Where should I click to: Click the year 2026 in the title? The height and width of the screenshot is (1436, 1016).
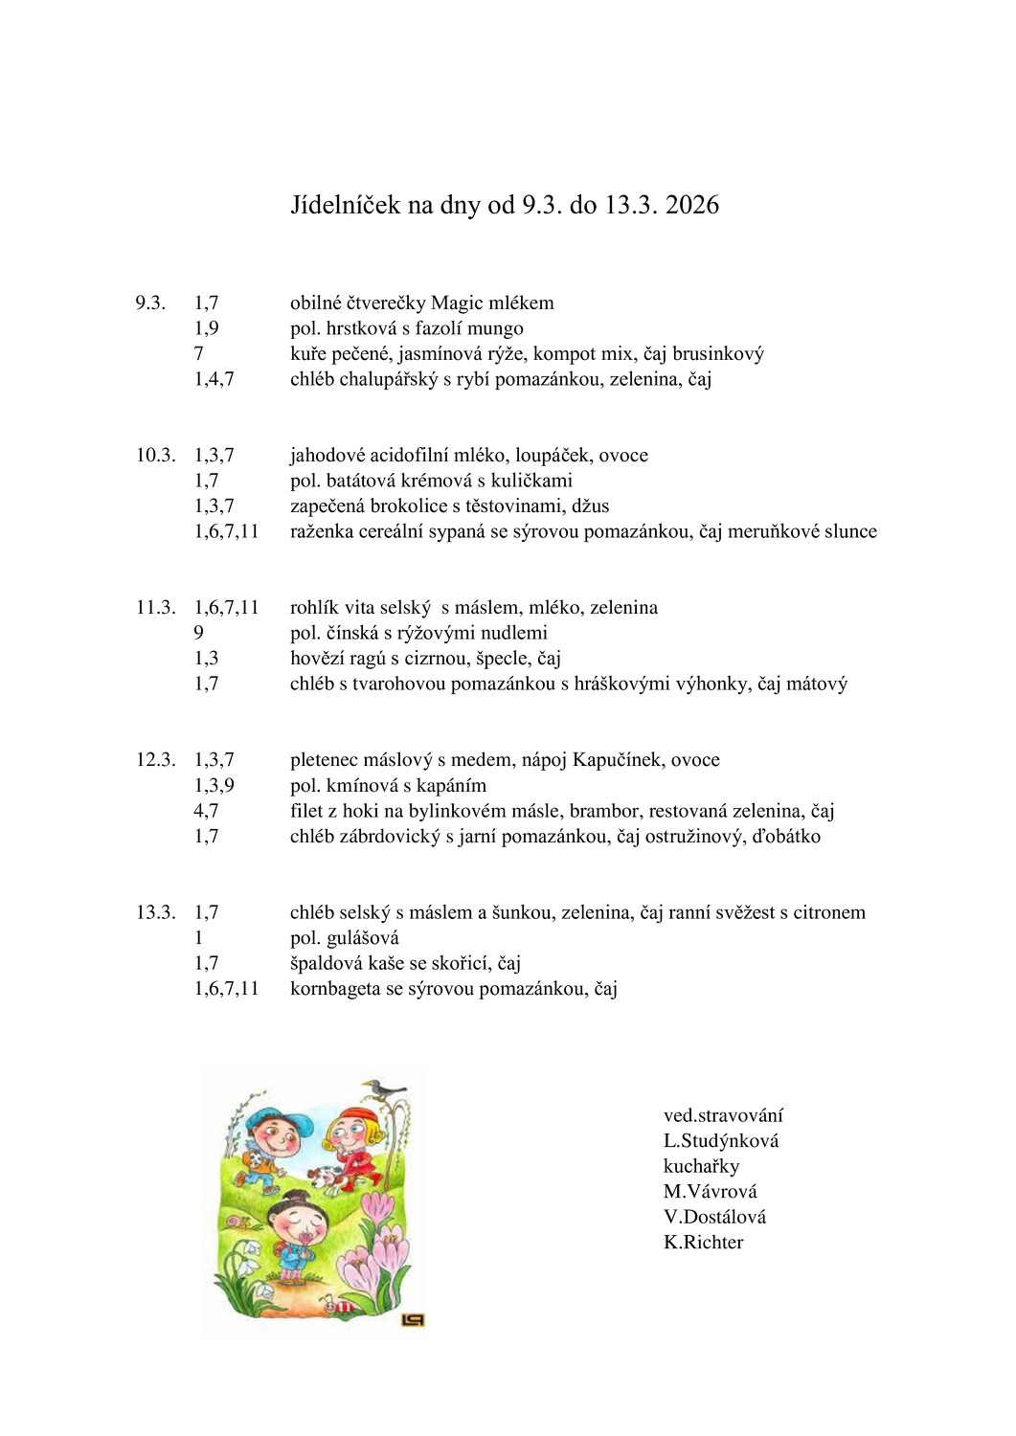[692, 205]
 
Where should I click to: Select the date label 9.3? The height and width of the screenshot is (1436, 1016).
[150, 303]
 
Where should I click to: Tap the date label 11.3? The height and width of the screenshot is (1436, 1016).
[155, 608]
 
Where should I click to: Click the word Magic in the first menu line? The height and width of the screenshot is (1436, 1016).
[458, 303]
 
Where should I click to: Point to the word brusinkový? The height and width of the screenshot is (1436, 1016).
[718, 354]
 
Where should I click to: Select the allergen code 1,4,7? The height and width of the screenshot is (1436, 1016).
[214, 379]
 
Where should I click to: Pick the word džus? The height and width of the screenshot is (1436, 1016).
[591, 506]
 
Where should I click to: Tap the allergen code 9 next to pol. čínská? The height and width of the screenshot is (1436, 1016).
[199, 633]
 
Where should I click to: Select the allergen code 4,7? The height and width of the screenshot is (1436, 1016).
[207, 811]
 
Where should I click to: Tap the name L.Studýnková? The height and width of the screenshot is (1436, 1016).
[721, 1141]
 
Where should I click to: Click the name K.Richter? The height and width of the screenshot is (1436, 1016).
[703, 1243]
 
